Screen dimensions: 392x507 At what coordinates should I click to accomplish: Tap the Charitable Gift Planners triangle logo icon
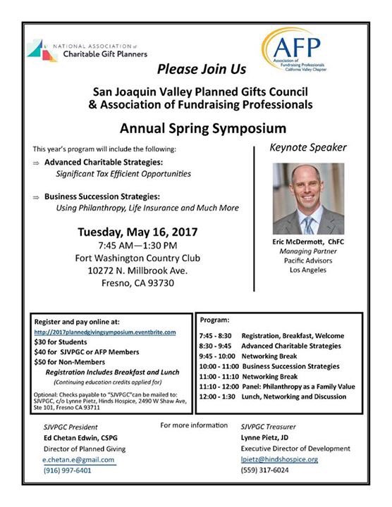pyautogui.click(x=42, y=50)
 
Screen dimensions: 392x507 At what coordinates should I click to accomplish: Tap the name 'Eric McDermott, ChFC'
pyautogui.click(x=308, y=242)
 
